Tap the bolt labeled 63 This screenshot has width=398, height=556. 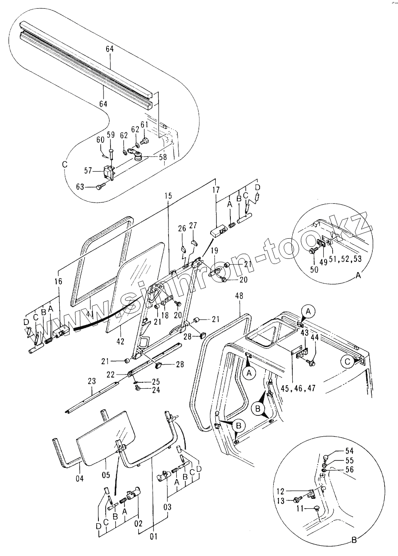(100, 186)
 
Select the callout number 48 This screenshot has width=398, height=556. (239, 296)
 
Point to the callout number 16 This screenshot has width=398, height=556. (58, 282)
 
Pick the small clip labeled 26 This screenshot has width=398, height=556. (183, 249)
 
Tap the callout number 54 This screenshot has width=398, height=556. (349, 451)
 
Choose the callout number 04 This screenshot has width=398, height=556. (79, 477)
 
